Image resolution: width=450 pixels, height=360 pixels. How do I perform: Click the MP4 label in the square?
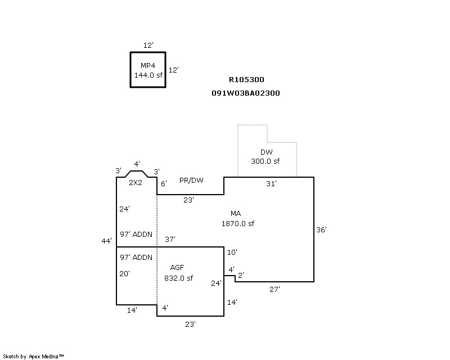pos(147,65)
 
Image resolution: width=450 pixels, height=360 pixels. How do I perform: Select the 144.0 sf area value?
pos(147,74)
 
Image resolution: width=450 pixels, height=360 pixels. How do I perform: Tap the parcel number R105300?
pos(246,80)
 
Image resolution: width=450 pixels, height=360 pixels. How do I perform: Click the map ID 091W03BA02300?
pos(246,93)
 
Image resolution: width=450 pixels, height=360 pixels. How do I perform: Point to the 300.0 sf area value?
pos(265,161)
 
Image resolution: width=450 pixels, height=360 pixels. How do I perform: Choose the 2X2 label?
pos(136,183)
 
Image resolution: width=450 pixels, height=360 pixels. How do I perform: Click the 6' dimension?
pos(164,184)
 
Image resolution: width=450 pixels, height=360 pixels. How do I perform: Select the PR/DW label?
pos(191,181)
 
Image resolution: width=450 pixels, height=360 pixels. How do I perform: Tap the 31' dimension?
pos(271,184)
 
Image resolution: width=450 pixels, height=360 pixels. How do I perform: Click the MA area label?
pos(236,214)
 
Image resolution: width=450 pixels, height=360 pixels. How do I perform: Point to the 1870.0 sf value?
pos(238,223)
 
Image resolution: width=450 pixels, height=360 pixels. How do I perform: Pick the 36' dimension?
pos(321,229)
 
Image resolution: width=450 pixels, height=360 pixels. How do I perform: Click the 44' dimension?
pos(107,241)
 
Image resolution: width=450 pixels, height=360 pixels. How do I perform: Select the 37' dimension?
pos(170,240)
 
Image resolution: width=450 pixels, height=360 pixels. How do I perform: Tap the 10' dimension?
pos(232,252)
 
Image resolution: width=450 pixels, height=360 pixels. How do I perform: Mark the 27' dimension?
pos(274,289)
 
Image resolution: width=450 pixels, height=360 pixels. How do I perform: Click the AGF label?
pos(177,268)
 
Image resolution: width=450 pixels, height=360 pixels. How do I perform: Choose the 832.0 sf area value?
pos(178,278)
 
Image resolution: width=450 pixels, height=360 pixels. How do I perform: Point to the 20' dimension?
pos(125,274)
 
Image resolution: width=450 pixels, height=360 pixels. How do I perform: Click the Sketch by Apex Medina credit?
pos(34,356)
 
